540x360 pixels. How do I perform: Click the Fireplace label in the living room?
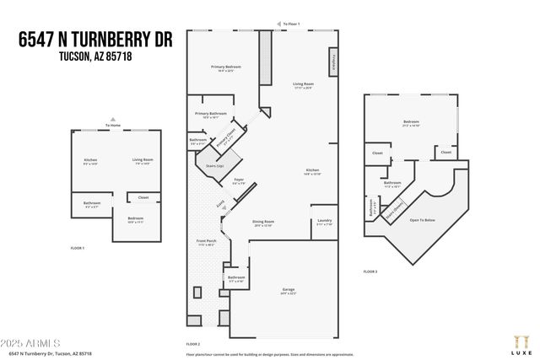coord(335,62)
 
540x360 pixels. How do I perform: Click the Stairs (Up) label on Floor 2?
coord(214,166)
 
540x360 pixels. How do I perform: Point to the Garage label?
coord(288,290)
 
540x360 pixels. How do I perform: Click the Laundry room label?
coord(324,221)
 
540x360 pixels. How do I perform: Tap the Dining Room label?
coord(264,222)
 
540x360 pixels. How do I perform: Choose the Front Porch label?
coord(207,241)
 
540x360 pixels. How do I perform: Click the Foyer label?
coord(240,179)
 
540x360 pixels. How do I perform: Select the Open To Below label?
coord(422,220)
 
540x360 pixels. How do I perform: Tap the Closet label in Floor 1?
coord(143,198)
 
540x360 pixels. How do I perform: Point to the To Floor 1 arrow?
coord(291,24)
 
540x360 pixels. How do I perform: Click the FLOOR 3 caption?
coord(370,271)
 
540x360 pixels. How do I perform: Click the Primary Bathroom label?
coord(211,114)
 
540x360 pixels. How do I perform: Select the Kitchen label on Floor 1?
coord(90,160)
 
